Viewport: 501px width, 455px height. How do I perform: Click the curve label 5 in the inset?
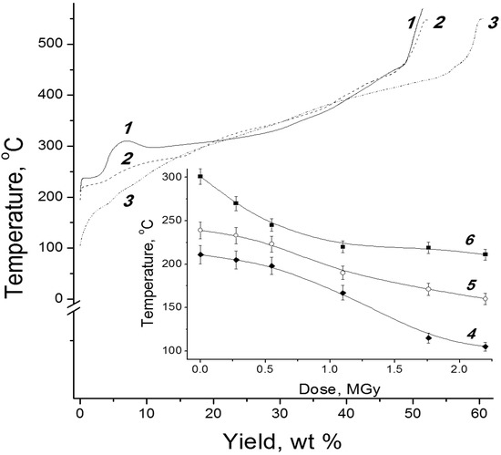[470, 284]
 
